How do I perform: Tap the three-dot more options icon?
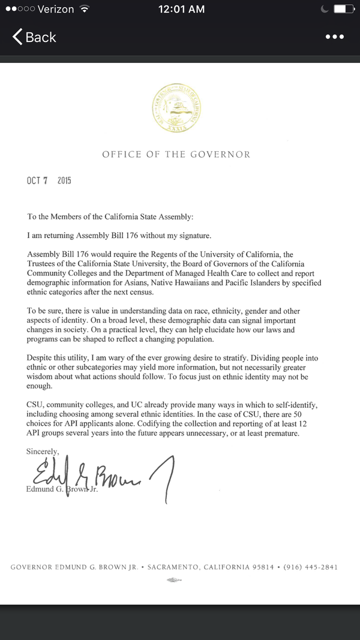pyautogui.click(x=335, y=37)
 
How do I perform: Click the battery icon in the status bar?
pyautogui.click(x=343, y=9)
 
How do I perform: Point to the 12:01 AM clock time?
pyautogui.click(x=181, y=9)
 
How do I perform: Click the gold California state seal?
pyautogui.click(x=176, y=110)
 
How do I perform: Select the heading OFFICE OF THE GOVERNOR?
pyautogui.click(x=176, y=154)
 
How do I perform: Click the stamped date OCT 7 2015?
pyautogui.click(x=49, y=181)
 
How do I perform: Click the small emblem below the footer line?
pyautogui.click(x=174, y=579)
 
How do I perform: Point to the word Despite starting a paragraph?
pyautogui.click(x=41, y=358)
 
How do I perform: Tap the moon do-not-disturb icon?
pyautogui.click(x=325, y=9)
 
